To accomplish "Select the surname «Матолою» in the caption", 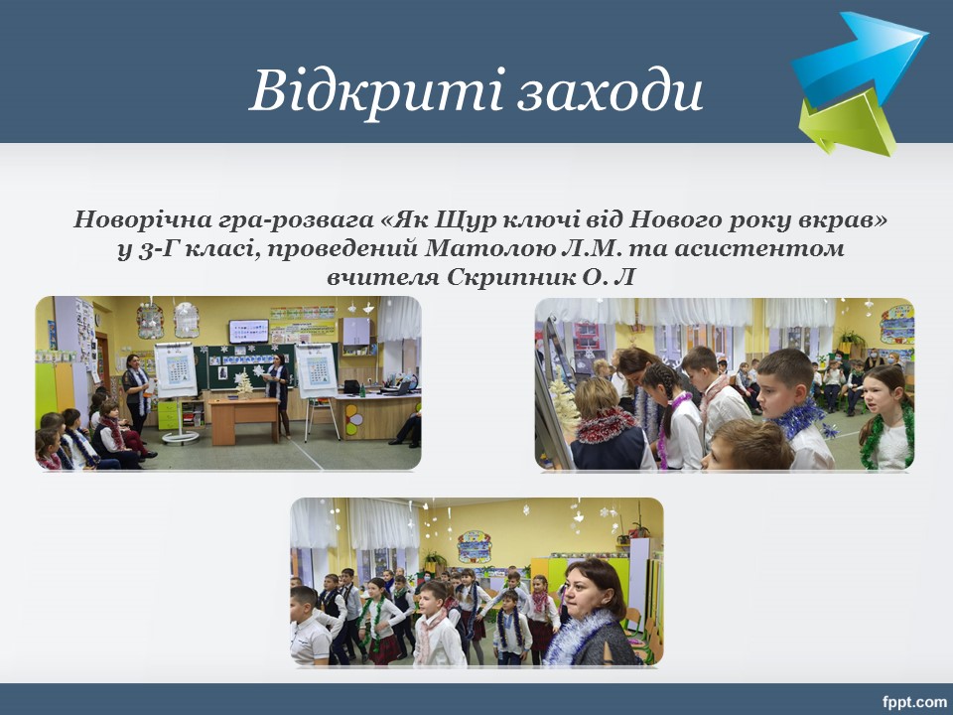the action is [x=483, y=248].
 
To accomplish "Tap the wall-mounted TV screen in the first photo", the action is [x=248, y=332].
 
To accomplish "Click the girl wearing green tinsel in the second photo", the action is [x=886, y=419].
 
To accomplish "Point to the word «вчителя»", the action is [x=383, y=278].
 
